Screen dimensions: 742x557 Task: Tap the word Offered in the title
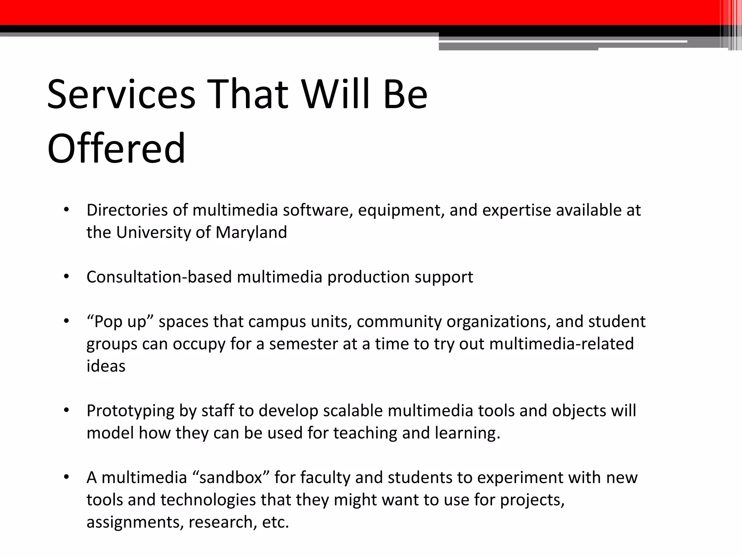[x=116, y=148]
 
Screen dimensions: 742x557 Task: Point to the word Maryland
[x=251, y=232]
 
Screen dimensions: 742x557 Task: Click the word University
[x=153, y=232]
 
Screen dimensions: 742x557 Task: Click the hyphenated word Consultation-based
[x=159, y=277]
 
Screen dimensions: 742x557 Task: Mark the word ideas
[x=106, y=366]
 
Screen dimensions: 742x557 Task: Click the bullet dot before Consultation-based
[x=66, y=277]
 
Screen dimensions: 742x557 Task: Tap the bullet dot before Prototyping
[x=66, y=410]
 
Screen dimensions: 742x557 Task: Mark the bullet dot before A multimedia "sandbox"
[x=66, y=477]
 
